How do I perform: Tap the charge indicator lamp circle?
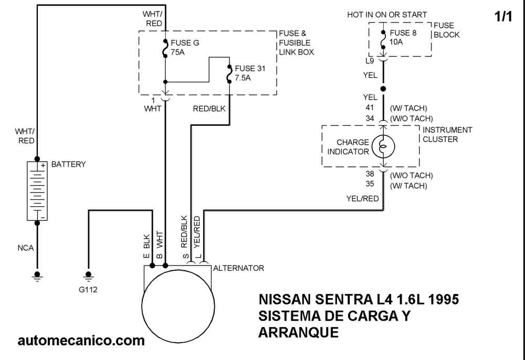point(383,146)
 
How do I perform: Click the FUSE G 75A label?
point(185,47)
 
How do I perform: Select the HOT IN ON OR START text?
point(387,15)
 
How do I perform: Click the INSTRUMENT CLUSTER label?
point(447,134)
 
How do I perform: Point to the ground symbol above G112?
point(88,275)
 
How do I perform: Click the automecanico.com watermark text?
point(81,341)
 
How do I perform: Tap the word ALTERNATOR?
point(238,268)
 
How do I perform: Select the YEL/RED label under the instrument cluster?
point(362,198)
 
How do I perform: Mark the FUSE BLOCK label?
point(446,30)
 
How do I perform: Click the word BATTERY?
point(68,164)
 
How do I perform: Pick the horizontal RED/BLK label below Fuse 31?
point(209,109)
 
